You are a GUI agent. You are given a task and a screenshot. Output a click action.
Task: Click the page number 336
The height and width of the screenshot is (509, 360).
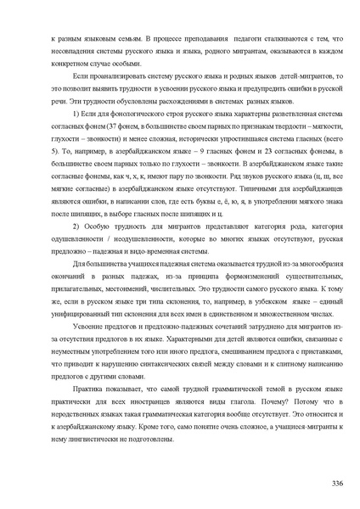pyautogui.click(x=336, y=483)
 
